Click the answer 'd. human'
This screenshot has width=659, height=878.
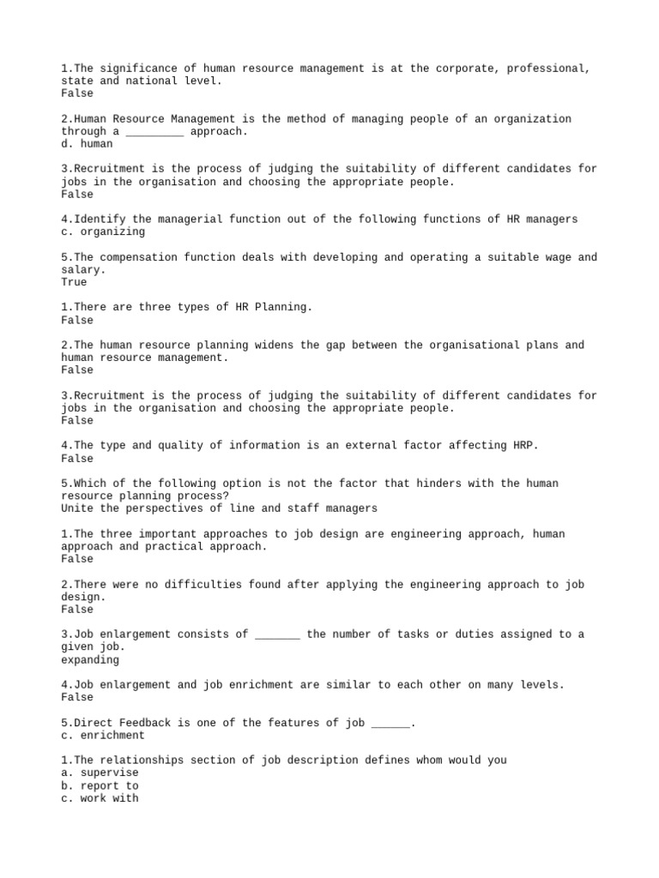coord(87,144)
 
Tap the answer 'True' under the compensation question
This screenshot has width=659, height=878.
coord(74,282)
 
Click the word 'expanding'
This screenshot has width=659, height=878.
coord(90,660)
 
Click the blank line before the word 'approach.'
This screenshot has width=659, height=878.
coord(154,132)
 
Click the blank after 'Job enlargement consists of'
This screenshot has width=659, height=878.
coord(277,634)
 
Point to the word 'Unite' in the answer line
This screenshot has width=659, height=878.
coord(77,508)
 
